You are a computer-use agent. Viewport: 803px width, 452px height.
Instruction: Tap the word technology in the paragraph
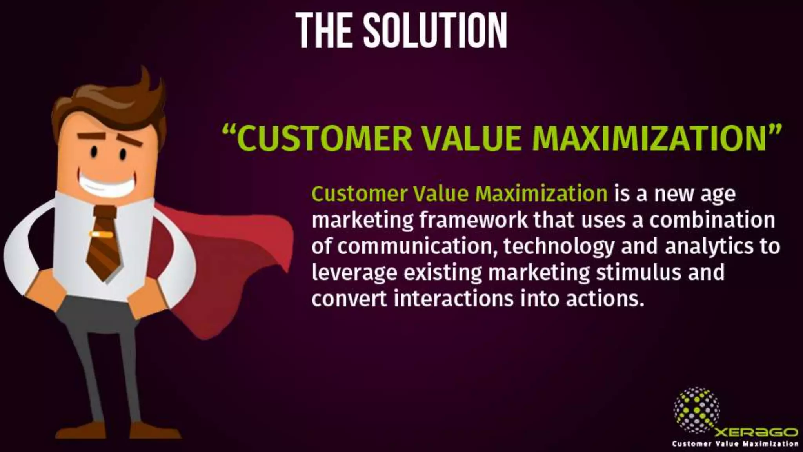559,246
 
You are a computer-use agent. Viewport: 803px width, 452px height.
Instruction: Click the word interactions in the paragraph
453,299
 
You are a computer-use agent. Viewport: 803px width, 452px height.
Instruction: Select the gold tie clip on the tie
101,235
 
